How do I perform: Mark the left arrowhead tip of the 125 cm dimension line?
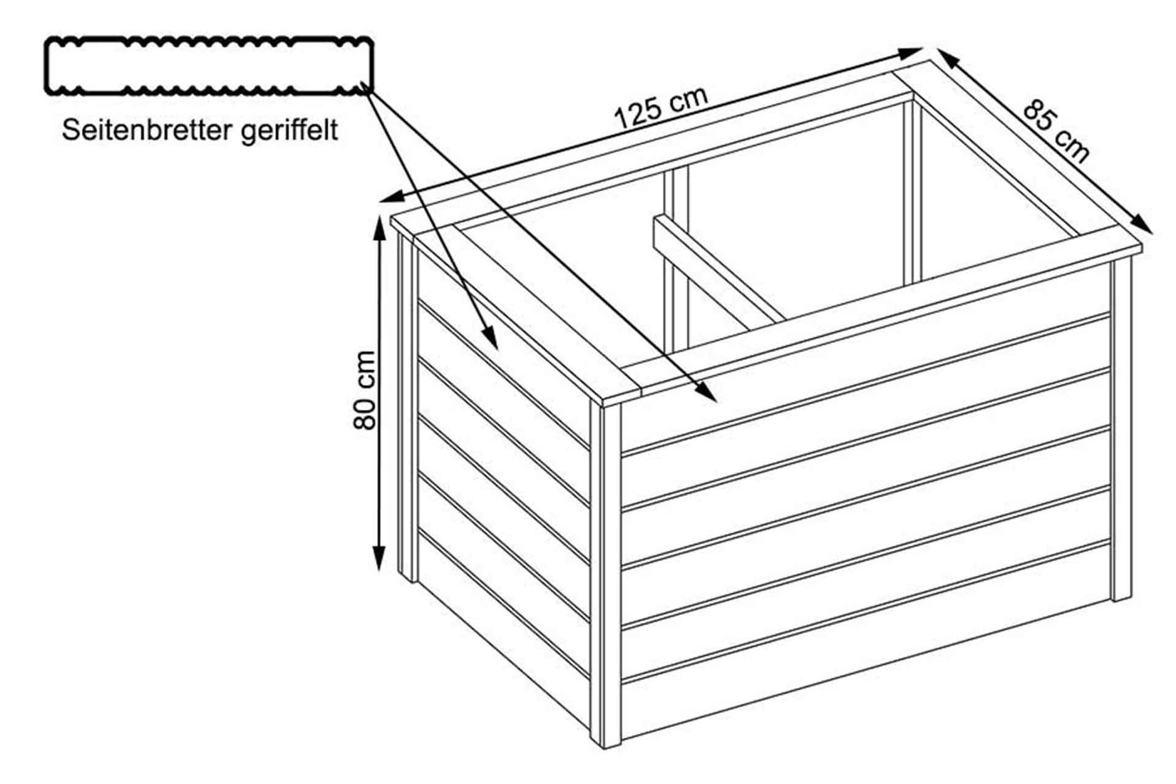click(380, 201)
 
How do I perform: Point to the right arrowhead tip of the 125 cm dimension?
click(922, 49)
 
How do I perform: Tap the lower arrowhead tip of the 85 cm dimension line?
click(1152, 233)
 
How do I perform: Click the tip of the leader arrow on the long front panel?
click(716, 402)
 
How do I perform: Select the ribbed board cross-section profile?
click(209, 66)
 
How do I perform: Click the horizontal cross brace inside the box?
click(718, 272)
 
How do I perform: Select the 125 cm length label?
click(661, 108)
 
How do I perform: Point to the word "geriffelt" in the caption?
click(289, 130)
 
